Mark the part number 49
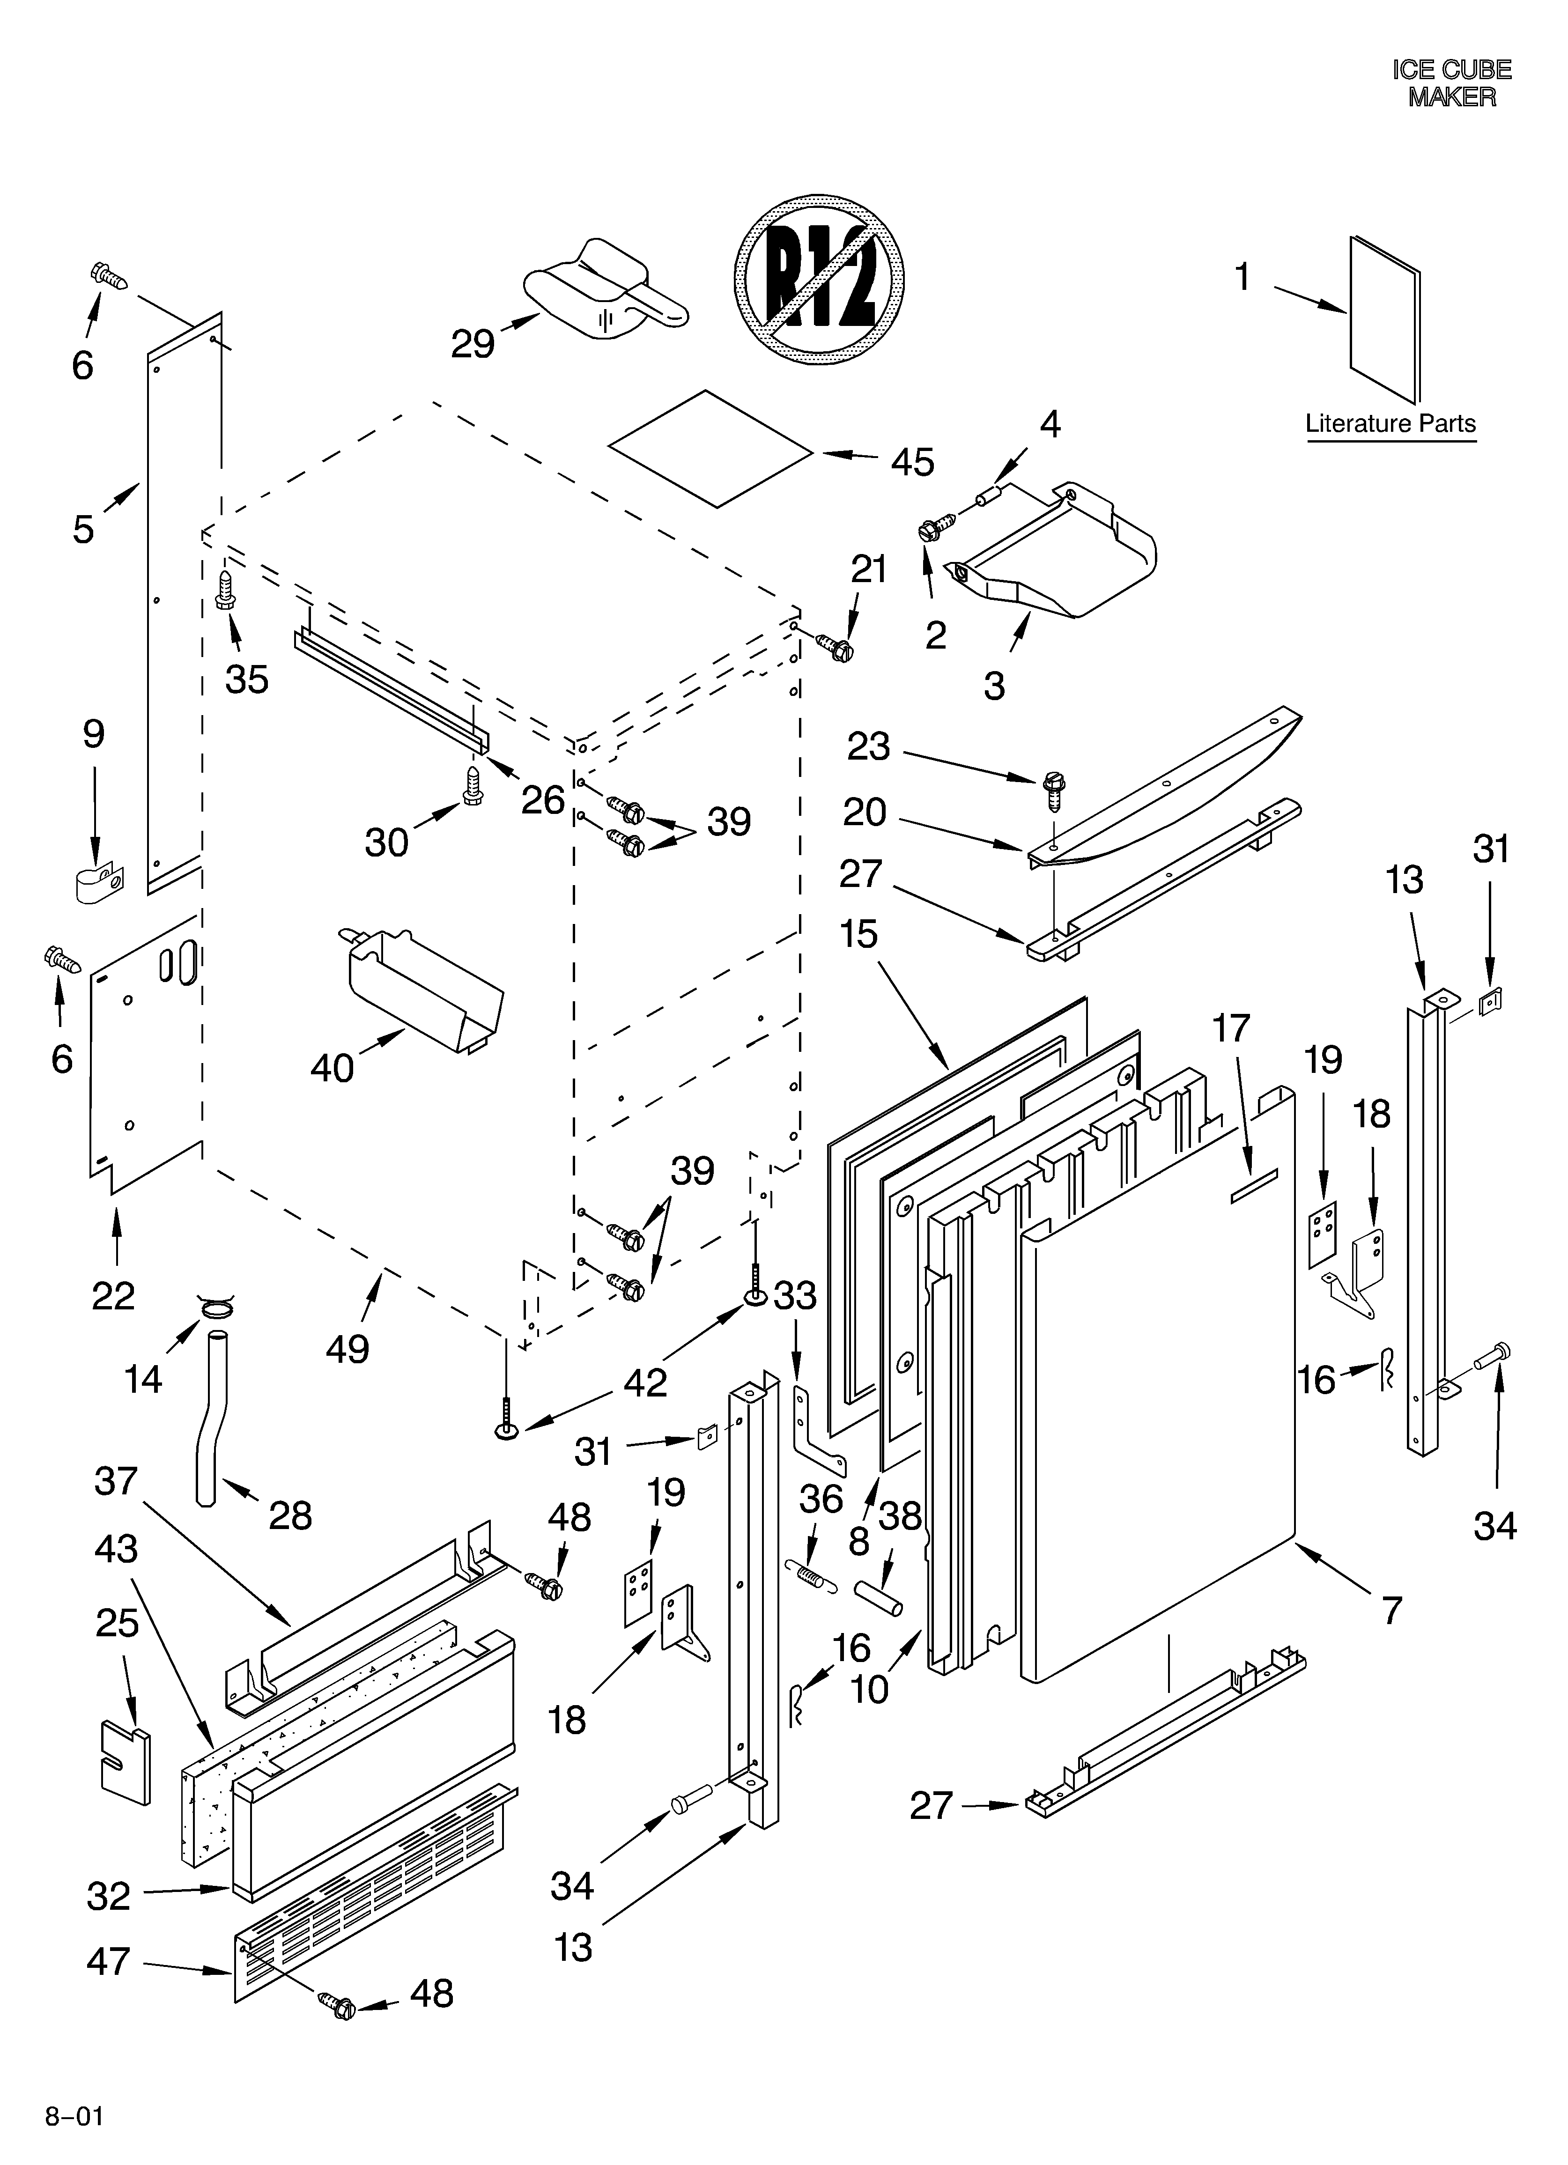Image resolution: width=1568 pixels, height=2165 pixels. click(347, 1349)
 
